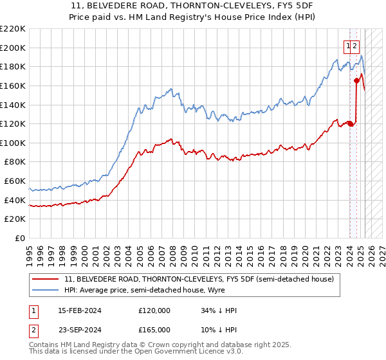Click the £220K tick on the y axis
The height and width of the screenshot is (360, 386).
[x=13, y=28]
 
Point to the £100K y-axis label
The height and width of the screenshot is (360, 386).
[x=13, y=143]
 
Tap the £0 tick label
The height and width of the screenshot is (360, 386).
[x=20, y=238]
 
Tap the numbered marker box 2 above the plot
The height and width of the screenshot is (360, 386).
[x=356, y=46]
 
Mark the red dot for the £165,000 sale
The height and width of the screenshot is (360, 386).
[x=356, y=80]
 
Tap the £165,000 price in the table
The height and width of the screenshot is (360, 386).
[x=154, y=329]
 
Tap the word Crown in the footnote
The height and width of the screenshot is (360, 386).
[x=158, y=346]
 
